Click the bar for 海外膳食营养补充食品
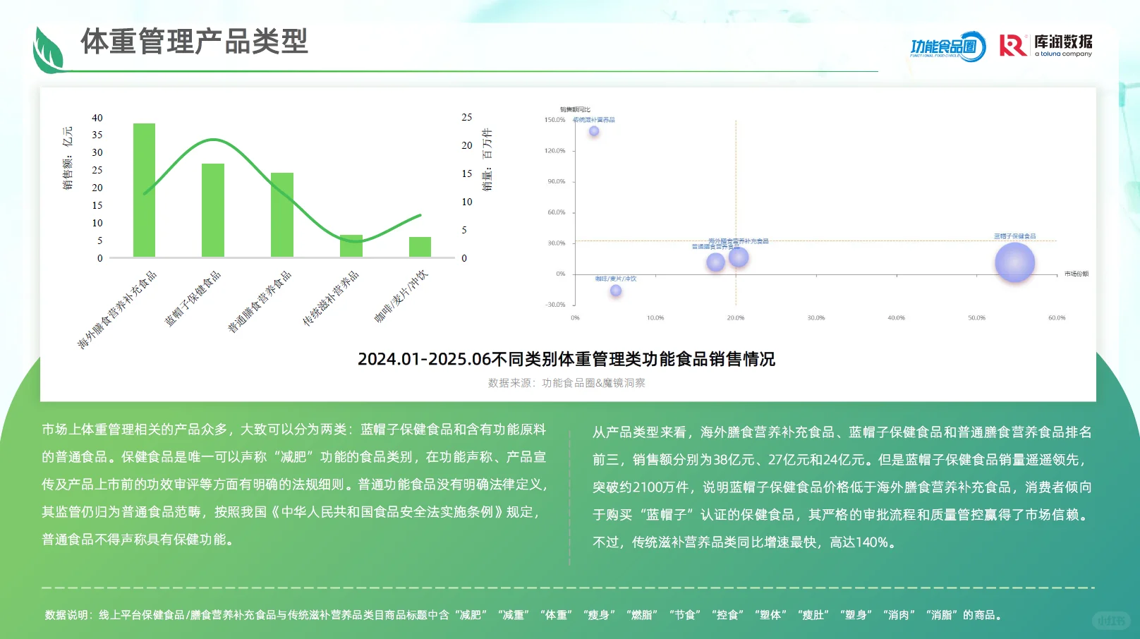[144, 190]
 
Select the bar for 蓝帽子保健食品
[213, 210]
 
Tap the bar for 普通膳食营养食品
[282, 214]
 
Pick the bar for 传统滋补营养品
[351, 245]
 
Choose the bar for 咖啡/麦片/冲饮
[420, 247]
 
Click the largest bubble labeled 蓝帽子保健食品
[1014, 262]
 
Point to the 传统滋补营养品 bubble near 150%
[594, 131]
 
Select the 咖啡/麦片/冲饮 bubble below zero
[616, 291]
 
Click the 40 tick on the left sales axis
[97, 118]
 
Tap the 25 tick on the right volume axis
[466, 117]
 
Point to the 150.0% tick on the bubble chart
[554, 120]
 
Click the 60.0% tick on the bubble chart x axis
[1056, 318]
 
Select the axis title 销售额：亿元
[68, 158]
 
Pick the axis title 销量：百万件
[487, 159]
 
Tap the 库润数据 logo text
[1062, 43]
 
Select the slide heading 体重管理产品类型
[194, 41]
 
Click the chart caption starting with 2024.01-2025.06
[566, 359]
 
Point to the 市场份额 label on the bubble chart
[1076, 274]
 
